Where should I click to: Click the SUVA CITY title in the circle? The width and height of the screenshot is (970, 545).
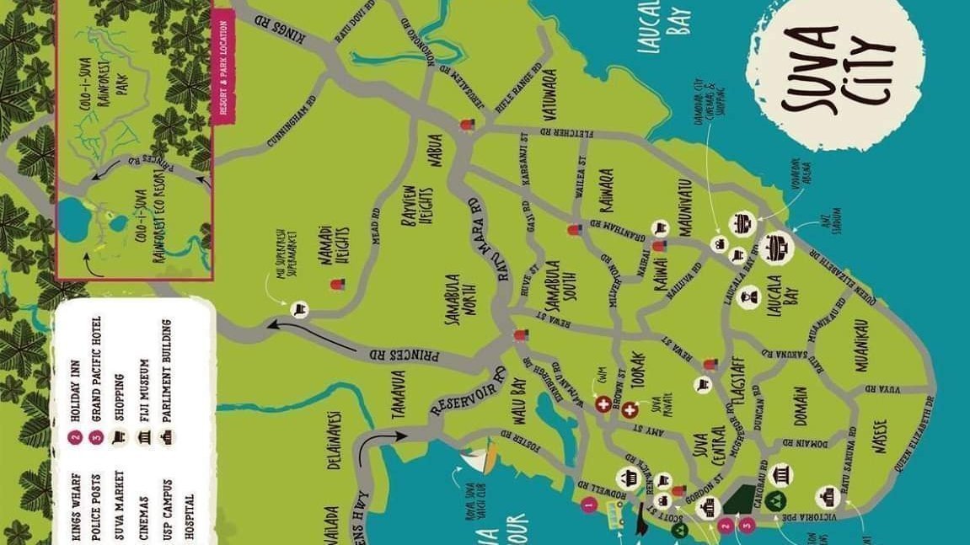pos(835,71)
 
